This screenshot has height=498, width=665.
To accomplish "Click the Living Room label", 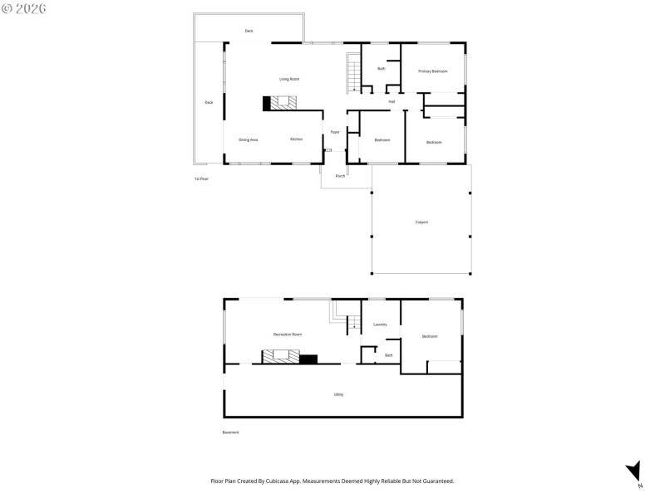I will pos(289,79).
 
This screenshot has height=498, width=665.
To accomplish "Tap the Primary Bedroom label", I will pos(432,71).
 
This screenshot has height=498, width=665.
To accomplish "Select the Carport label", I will pos(421,222).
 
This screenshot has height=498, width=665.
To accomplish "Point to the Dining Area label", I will pos(248,139).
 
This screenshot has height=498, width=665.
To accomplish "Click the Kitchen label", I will pos(296,139).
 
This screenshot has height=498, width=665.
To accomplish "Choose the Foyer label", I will pos(335,132).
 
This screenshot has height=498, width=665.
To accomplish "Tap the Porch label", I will pos(340,176).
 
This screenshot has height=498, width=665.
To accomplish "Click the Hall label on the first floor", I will pos(391,101).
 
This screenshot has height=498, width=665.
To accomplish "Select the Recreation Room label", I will pos(288,334).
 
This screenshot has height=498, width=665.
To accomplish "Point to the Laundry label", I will pos(380,325).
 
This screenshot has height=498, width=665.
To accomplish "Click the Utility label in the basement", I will pos(338,394).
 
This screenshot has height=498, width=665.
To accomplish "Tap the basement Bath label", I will pos(388,355).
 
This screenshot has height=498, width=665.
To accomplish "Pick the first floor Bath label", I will pos(381,68).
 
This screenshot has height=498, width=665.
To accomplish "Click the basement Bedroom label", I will pos(429,336).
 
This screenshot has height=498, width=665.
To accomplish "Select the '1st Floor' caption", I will pos(201,178).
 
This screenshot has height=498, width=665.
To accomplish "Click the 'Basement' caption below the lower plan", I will pos(230,432).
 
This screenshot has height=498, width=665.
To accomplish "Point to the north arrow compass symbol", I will pos(634,471).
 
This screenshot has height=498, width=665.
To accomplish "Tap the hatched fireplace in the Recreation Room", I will pos(280,357).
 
